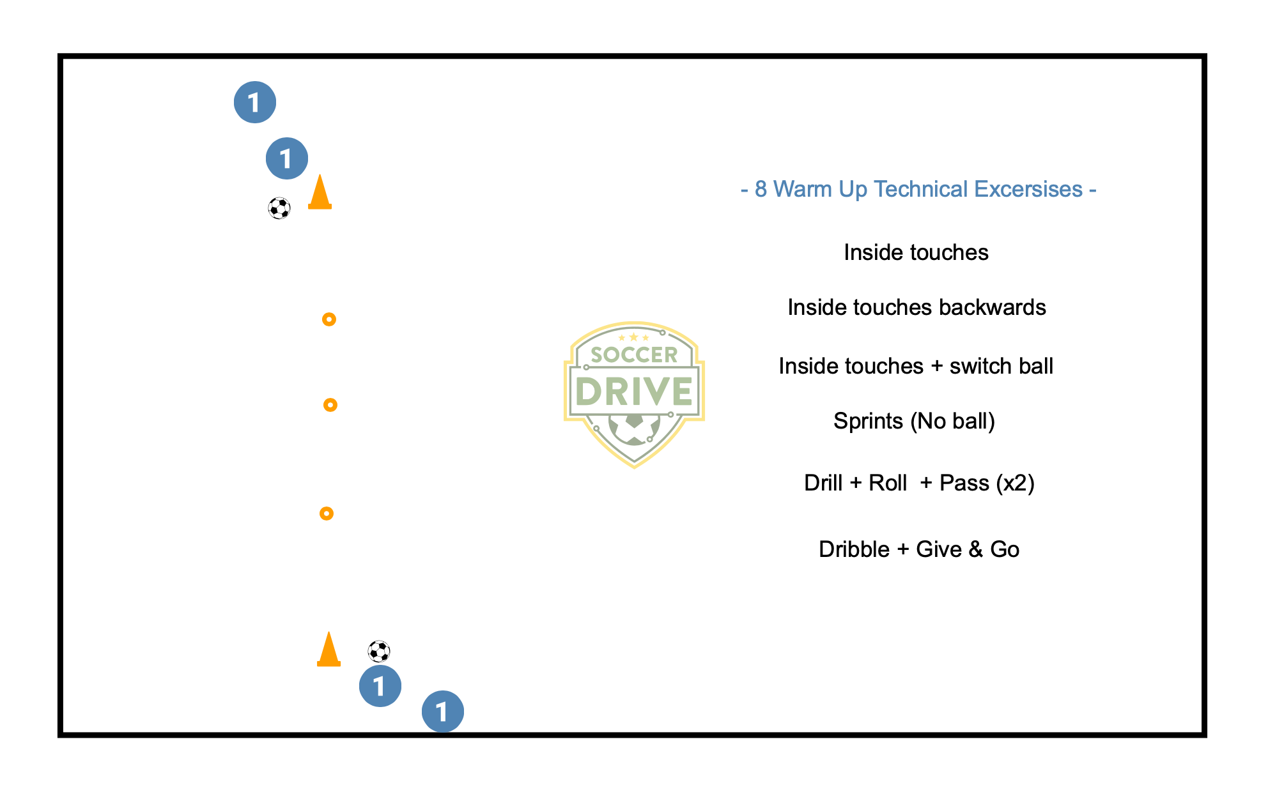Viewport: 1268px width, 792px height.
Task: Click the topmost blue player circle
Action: [x=255, y=102]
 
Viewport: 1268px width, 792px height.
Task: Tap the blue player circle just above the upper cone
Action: [x=287, y=158]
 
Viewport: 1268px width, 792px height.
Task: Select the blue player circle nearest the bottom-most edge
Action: [x=443, y=712]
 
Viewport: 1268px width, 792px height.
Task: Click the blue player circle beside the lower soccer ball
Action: [x=380, y=686]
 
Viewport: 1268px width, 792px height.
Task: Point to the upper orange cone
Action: [x=320, y=193]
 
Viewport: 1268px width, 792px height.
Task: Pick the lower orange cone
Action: [x=329, y=650]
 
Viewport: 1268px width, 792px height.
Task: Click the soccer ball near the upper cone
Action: [x=279, y=208]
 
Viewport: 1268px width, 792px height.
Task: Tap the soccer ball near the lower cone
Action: [x=379, y=651]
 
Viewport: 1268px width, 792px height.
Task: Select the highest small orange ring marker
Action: [x=329, y=319]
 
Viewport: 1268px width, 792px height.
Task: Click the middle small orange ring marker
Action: [x=330, y=405]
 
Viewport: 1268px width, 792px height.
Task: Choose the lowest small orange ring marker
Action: [x=327, y=514]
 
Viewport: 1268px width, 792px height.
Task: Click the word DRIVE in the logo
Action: [x=634, y=392]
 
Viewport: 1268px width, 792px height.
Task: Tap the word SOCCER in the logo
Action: [x=634, y=355]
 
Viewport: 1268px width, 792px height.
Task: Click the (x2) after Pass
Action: [x=1015, y=483]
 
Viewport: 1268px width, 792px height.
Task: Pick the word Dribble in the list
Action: [x=854, y=549]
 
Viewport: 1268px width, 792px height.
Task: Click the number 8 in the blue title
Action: [x=761, y=190]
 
